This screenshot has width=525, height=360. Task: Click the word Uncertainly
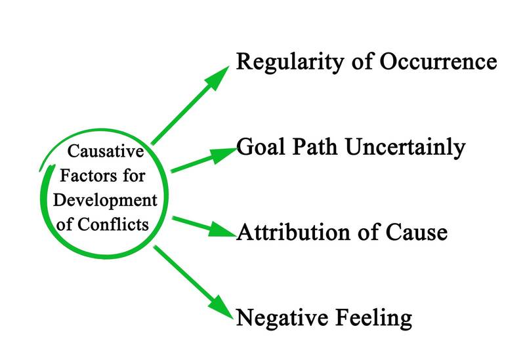[407, 147]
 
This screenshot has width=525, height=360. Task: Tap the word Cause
[416, 232]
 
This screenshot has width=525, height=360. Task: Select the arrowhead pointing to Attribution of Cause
[224, 230]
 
